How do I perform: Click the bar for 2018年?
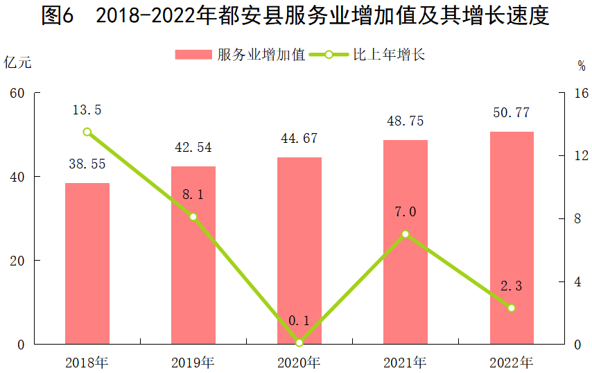[87, 263]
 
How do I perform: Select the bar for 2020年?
[299, 250]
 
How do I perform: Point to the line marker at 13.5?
[87, 132]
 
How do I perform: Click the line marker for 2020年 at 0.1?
[299, 342]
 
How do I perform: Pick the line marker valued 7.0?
[406, 234]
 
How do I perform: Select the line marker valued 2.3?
[512, 308]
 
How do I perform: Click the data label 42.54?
[193, 148]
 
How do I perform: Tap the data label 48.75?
[406, 121]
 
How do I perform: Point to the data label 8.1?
[193, 195]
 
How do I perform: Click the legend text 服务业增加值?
[261, 55]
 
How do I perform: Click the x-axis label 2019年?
[193, 362]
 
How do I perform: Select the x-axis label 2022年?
[512, 362]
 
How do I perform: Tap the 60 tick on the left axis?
[18, 93]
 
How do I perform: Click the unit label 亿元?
[18, 62]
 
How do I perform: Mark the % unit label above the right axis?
[581, 66]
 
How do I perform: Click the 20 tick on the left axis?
[18, 261]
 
